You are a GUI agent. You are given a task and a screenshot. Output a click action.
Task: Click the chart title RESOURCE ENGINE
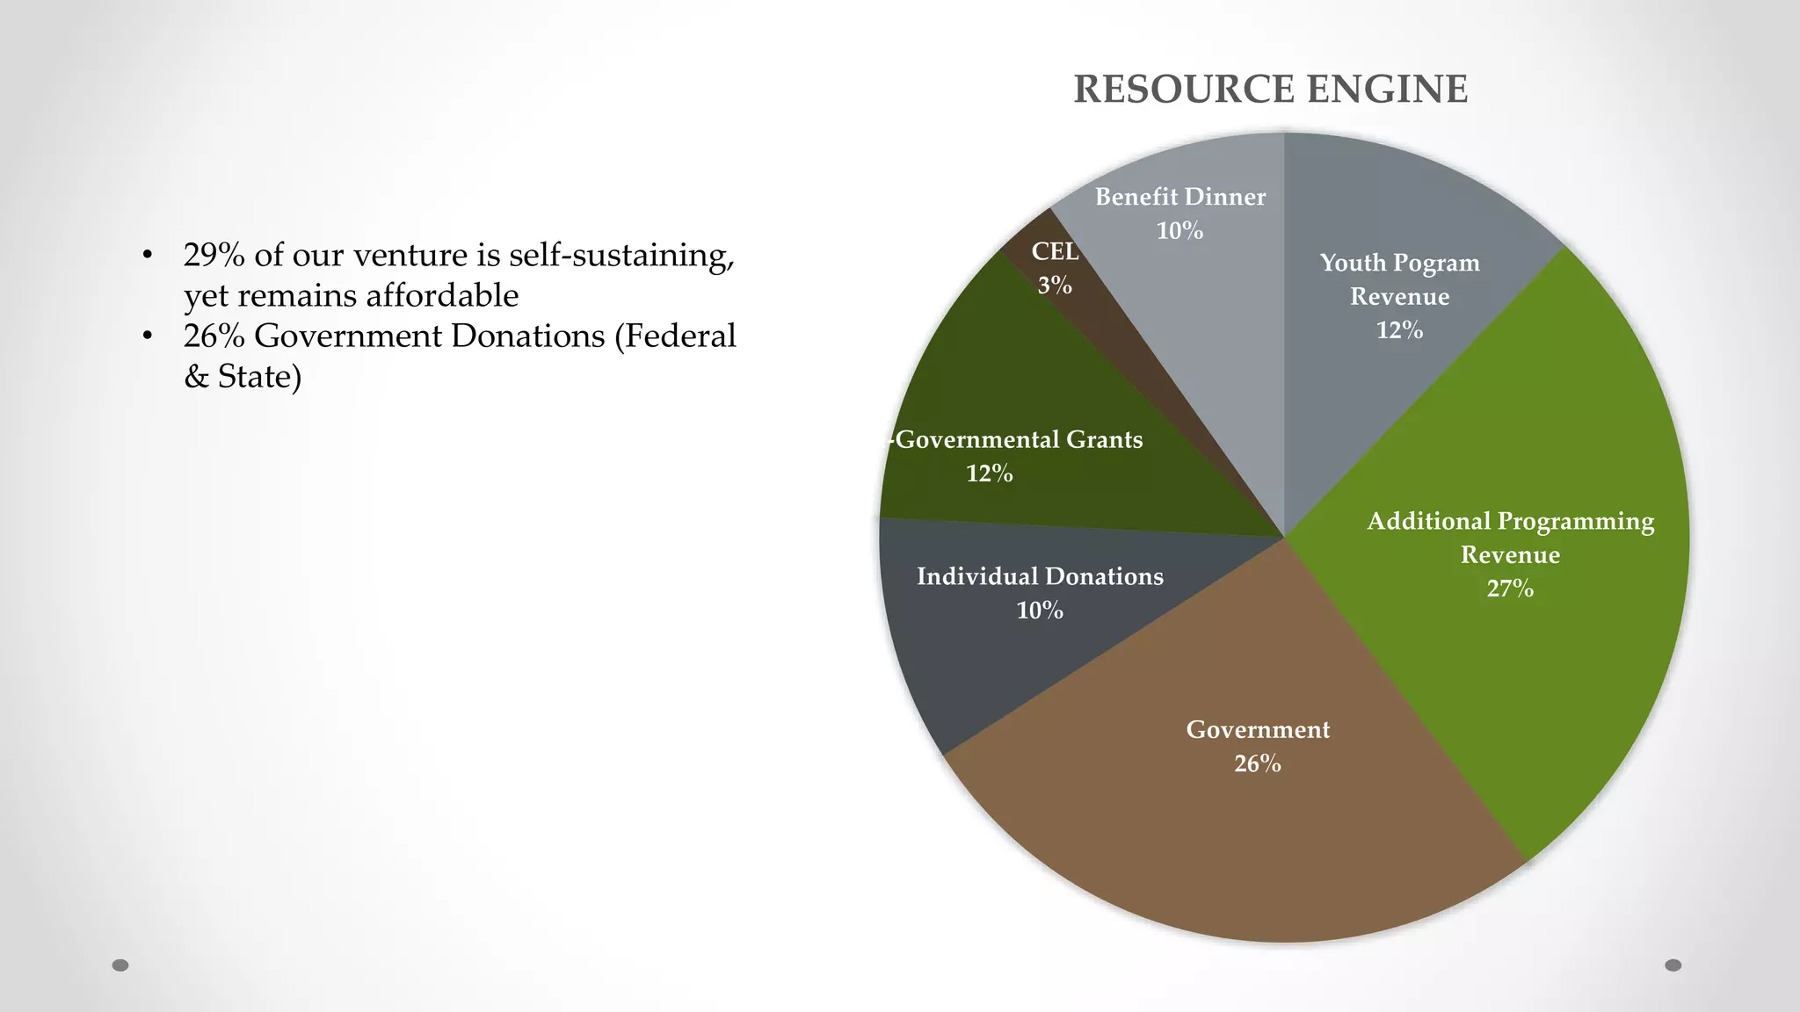coord(1270,90)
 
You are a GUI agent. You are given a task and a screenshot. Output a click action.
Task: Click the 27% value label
coord(1510,589)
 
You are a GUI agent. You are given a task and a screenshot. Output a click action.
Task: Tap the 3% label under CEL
coord(1055,286)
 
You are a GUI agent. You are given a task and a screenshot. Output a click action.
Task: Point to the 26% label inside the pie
coord(1258,763)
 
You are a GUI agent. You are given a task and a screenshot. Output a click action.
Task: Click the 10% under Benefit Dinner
coord(1179,231)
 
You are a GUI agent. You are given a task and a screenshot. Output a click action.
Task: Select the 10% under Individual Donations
coord(1040,611)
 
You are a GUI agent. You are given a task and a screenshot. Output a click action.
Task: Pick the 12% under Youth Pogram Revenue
coord(1399,330)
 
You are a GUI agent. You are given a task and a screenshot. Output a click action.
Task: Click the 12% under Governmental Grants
coord(990,474)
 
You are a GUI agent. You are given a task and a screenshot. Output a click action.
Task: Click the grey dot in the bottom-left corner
coord(120,965)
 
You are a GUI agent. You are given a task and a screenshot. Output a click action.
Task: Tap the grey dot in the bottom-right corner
coord(1673,965)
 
